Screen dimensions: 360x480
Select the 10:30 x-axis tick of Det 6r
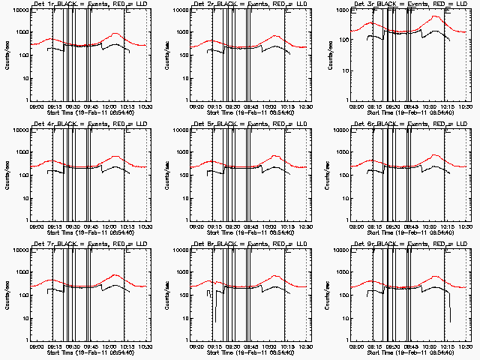[466, 226]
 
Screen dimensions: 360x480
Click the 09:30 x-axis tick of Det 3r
[390, 107]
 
